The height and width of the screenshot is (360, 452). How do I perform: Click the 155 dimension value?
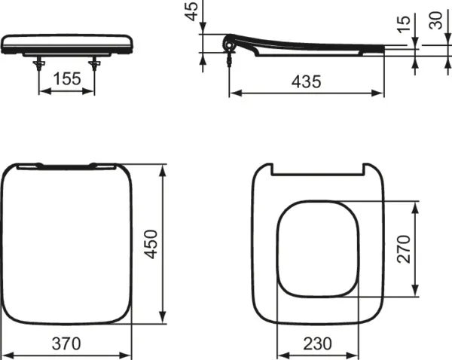click(x=67, y=78)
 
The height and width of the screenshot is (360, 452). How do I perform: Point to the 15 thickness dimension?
click(x=405, y=24)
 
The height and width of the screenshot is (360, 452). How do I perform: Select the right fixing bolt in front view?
click(x=95, y=63)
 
